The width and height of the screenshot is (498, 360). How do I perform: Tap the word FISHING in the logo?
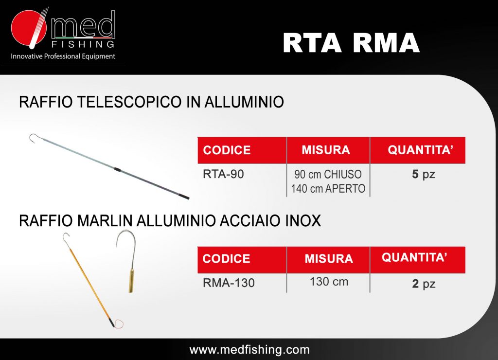click(83, 44)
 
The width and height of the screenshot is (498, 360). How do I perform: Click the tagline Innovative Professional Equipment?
click(63, 56)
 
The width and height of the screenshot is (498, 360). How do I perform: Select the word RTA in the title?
click(312, 43)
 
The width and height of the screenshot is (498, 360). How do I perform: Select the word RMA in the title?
click(386, 43)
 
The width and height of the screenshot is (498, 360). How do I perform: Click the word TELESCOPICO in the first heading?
click(129, 102)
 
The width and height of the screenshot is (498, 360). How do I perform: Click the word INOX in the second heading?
click(303, 220)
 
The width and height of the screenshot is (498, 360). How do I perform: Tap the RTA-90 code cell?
click(223, 174)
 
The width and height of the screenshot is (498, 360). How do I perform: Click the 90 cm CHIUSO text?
click(328, 175)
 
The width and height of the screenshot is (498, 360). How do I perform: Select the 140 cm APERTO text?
click(328, 189)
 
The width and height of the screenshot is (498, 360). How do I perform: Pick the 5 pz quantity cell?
click(424, 175)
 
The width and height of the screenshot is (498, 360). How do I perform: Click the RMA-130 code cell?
click(229, 283)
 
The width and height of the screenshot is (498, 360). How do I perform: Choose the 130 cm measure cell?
click(329, 282)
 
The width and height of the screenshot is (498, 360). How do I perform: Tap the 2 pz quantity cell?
click(424, 284)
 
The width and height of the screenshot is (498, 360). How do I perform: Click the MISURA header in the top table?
click(326, 150)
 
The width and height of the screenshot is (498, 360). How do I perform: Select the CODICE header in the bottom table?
click(227, 259)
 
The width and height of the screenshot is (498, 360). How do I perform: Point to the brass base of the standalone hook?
click(131, 280)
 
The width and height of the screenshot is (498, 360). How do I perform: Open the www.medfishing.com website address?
click(249, 350)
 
